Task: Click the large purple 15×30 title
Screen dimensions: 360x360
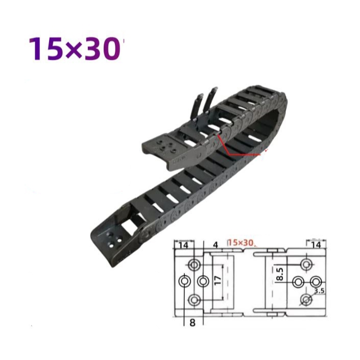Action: tap(75, 49)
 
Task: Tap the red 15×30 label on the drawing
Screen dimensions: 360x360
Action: tap(241, 243)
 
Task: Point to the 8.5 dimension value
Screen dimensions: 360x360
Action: tap(280, 274)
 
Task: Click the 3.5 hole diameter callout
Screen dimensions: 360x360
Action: tap(319, 291)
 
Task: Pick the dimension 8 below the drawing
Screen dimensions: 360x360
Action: tap(193, 323)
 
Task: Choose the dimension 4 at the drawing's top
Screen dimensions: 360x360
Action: tap(215, 245)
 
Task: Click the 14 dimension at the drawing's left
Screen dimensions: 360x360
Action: tap(183, 245)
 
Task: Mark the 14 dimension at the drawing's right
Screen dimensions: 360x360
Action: tap(316, 245)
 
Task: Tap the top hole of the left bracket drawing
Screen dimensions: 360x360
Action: tap(194, 265)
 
